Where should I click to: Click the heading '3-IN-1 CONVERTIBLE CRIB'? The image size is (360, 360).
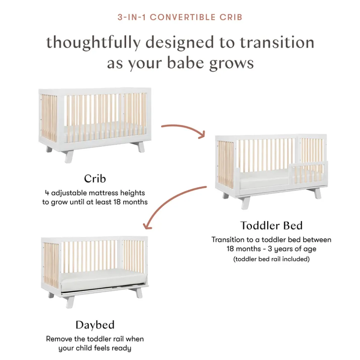click(x=180, y=17)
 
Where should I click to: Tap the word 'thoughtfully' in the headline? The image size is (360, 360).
click(x=93, y=43)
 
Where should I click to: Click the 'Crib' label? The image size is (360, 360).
click(x=95, y=178)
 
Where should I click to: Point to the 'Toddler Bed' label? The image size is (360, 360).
click(x=271, y=225)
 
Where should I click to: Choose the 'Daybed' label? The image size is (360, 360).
click(x=95, y=325)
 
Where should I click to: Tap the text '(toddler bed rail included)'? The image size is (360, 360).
click(x=271, y=259)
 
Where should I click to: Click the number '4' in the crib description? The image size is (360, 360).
click(x=47, y=193)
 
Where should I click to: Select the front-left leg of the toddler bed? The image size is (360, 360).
click(x=246, y=202)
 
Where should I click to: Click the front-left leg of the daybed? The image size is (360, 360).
click(x=70, y=302)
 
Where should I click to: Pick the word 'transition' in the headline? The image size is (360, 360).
click(x=277, y=43)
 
